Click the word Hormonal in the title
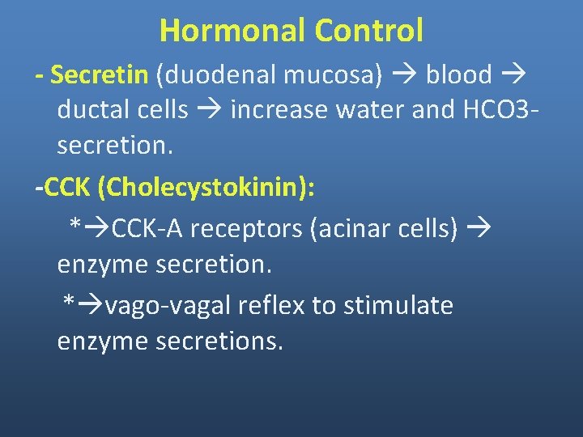[232, 31]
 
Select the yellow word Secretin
[99, 74]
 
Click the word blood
[459, 74]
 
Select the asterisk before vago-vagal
[70, 304]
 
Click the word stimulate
[398, 305]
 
